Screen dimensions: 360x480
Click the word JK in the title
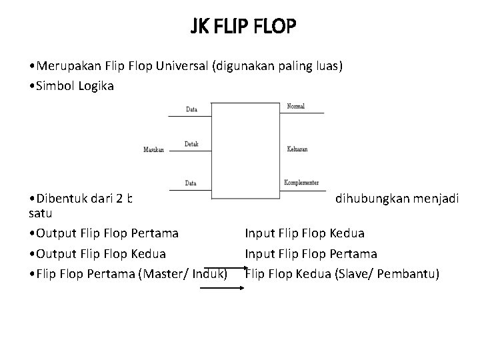(x=200, y=27)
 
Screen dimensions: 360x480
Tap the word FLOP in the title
(x=277, y=27)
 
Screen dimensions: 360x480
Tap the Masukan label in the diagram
(x=153, y=149)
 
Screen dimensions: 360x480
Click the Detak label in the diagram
(x=191, y=144)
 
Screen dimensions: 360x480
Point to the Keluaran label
(x=297, y=149)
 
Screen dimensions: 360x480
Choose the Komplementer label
(x=301, y=181)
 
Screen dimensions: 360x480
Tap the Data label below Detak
(x=191, y=182)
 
